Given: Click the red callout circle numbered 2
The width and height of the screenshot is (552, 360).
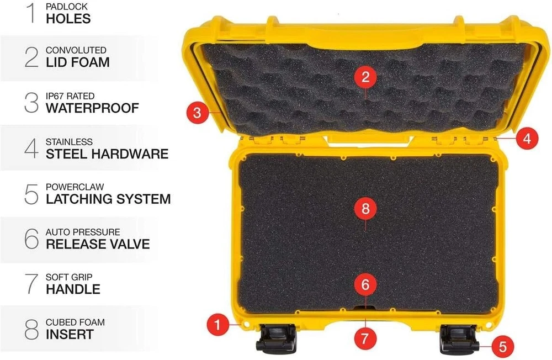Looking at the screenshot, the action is [365, 77].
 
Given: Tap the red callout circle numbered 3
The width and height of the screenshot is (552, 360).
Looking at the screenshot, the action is [197, 113].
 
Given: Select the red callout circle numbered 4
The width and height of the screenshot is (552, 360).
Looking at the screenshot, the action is [527, 139].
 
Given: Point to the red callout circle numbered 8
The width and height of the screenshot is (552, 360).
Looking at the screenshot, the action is [365, 209].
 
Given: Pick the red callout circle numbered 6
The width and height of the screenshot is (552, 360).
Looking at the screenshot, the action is [365, 284].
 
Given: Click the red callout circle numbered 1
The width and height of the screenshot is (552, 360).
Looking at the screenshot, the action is [218, 325].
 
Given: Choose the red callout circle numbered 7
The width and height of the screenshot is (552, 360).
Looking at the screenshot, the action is [364, 338].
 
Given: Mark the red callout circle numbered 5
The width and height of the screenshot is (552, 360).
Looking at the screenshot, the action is [503, 346].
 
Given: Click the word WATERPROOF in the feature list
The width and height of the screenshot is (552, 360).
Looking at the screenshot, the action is [92, 108].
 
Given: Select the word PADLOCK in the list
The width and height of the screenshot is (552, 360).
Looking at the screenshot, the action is [67, 6].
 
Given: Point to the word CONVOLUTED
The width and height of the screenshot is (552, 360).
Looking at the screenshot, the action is [76, 50].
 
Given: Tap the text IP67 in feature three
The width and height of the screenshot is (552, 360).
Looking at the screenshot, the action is [55, 96].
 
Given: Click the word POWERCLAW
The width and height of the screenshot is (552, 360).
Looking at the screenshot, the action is [75, 187].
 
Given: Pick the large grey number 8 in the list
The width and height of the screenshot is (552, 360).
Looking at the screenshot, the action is [31, 329].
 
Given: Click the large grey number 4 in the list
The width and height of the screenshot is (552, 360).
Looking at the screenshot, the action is [31, 149].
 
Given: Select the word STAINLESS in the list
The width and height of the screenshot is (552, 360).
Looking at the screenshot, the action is [69, 141].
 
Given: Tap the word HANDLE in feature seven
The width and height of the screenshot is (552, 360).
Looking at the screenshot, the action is [73, 289].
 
